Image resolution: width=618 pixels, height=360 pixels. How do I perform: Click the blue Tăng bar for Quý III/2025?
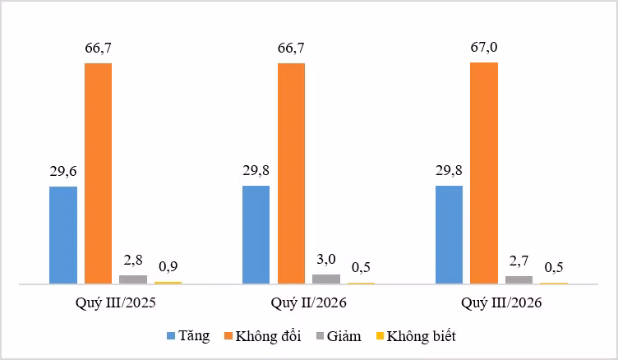click(x=63, y=235)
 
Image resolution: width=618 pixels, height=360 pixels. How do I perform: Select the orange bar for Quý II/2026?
click(x=291, y=173)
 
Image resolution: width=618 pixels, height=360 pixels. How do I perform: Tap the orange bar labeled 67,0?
click(x=484, y=173)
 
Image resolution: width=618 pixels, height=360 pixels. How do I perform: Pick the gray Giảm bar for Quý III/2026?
click(x=519, y=279)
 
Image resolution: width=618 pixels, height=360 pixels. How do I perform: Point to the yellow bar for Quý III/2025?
click(x=168, y=282)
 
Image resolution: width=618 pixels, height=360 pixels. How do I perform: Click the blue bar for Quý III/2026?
click(x=449, y=234)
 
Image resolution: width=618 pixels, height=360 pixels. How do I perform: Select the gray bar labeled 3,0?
click(x=326, y=279)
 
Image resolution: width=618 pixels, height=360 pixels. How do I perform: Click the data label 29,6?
click(x=63, y=172)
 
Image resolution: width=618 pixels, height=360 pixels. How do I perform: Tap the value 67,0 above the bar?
click(x=484, y=48)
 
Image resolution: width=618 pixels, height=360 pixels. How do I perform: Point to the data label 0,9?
click(x=168, y=266)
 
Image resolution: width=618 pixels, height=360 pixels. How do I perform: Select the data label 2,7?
click(x=519, y=261)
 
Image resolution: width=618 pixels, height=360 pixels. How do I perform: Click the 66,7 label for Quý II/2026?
click(x=291, y=48)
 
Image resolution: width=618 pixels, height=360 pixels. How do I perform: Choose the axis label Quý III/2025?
click(x=116, y=302)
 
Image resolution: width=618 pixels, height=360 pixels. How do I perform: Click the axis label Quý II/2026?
click(x=309, y=302)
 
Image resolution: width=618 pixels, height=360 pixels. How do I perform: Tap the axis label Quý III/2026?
click(x=501, y=302)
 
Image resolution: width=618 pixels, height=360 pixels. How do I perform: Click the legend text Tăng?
click(x=194, y=336)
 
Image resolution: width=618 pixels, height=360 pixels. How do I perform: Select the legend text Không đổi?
click(x=268, y=336)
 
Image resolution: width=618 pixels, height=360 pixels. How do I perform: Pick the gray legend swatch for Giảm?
click(x=321, y=336)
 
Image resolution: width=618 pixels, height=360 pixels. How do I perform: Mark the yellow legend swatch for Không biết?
click(x=380, y=336)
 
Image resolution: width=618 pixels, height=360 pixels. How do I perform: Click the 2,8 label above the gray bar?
click(x=133, y=261)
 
